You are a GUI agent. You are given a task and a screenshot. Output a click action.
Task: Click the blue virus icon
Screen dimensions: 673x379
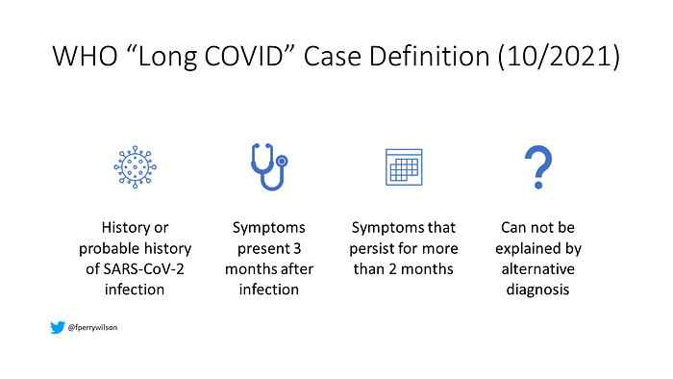[135, 167]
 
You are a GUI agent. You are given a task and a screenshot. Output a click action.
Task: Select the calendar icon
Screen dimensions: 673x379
[404, 167]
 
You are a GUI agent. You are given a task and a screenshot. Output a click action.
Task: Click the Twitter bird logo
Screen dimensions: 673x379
[58, 327]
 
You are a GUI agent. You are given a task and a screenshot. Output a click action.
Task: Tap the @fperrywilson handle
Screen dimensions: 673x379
[92, 327]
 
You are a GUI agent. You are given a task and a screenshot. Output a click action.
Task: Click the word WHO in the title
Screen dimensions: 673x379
[85, 56]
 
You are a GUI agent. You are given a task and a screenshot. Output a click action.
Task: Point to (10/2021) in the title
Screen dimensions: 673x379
[559, 57]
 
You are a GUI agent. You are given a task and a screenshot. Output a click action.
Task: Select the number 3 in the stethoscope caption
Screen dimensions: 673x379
[296, 248]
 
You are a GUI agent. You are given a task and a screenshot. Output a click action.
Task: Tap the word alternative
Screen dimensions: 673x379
[537, 269]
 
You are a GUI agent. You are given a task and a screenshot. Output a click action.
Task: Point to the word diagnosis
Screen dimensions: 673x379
[537, 290]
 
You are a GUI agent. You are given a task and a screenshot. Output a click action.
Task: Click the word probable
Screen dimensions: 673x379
[104, 249]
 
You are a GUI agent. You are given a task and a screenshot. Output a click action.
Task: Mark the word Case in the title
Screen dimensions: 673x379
[333, 56]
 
